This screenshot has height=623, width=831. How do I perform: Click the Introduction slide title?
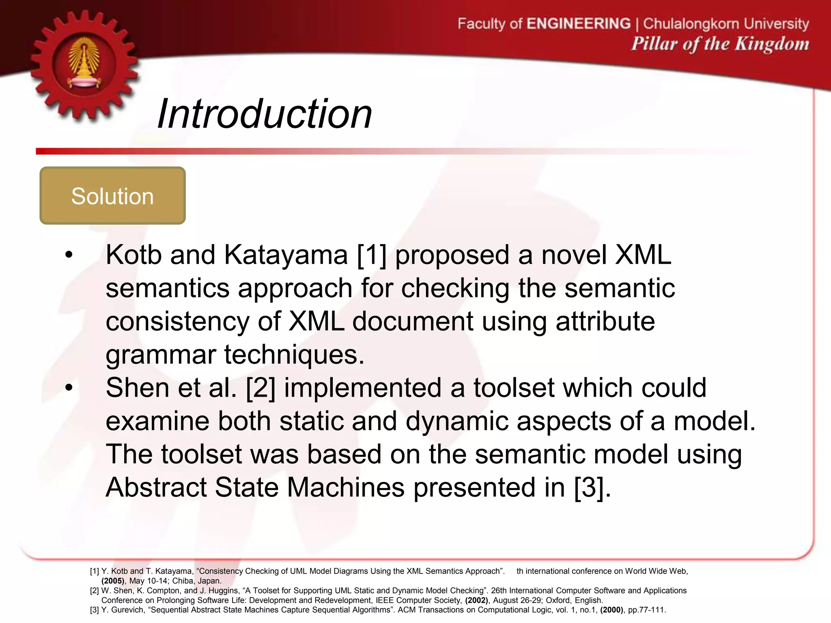(265, 114)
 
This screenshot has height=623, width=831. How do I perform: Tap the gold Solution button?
(112, 196)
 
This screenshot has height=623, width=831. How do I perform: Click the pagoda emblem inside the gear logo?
(84, 63)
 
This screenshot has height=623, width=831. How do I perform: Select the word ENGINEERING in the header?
(579, 24)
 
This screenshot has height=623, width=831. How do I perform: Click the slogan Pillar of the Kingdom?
(720, 44)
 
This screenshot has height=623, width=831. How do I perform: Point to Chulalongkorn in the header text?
(692, 24)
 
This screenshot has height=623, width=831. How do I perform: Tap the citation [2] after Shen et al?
(260, 388)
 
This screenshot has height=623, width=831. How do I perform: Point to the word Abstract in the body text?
(156, 487)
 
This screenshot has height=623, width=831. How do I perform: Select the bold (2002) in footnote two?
(476, 600)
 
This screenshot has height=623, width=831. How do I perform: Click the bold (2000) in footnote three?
(612, 610)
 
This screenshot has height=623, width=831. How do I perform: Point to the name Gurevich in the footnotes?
(127, 610)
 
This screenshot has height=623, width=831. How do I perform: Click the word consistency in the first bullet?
(177, 322)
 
